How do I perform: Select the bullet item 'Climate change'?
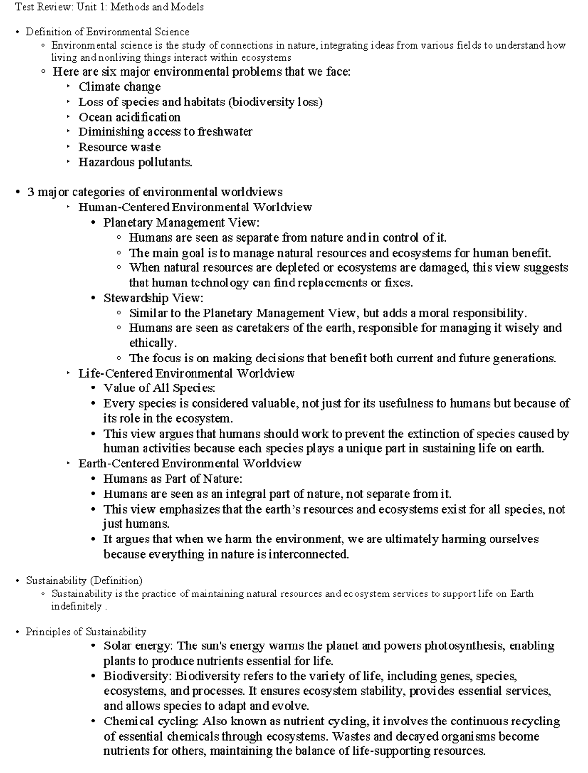click(120, 87)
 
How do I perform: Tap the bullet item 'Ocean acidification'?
click(129, 117)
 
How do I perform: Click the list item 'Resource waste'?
click(120, 147)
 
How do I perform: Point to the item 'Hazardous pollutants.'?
click(135, 162)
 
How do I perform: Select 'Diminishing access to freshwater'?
click(166, 132)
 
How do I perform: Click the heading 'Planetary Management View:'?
click(181, 223)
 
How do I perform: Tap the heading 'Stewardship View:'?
click(153, 298)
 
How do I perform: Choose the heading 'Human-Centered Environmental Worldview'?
click(195, 207)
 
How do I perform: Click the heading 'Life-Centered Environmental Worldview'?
click(186, 374)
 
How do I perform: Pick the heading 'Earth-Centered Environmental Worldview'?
click(190, 464)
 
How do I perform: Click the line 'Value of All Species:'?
click(159, 388)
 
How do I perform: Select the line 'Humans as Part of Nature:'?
click(172, 479)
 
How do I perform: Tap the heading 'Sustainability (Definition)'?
click(84, 581)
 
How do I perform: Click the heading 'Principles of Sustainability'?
click(86, 632)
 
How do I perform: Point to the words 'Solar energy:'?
click(139, 646)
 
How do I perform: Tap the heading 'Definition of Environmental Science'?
click(107, 32)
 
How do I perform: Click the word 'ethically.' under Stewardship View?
click(152, 343)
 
